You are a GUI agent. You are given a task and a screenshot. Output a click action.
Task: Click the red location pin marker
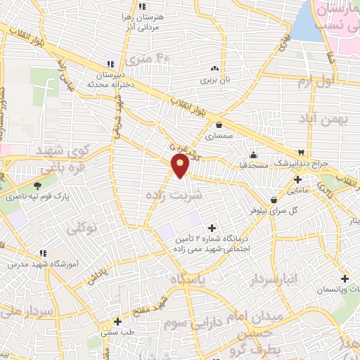[x=181, y=166]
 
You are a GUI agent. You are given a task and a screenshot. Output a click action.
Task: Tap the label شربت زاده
[x=174, y=195]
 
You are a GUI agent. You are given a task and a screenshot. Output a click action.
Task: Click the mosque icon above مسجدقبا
[x=252, y=155]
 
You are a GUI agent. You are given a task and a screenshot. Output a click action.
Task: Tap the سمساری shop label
[x=219, y=134]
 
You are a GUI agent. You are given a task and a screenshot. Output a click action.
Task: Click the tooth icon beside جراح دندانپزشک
[x=301, y=153]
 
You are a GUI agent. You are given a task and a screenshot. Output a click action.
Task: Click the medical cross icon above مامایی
[x=297, y=179]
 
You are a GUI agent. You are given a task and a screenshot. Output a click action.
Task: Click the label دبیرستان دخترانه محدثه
[x=111, y=79]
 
